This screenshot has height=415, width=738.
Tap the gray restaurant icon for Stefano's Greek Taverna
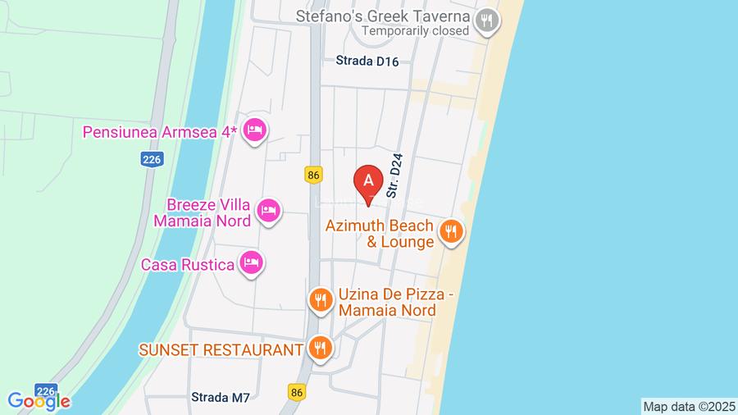(x=487, y=21)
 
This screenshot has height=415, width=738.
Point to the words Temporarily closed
(x=416, y=31)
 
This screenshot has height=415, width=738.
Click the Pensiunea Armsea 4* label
(x=160, y=132)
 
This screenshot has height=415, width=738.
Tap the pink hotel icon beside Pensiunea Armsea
(x=256, y=130)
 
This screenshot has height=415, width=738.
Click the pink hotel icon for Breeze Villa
(x=268, y=212)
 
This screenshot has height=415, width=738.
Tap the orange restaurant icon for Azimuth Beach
(x=450, y=233)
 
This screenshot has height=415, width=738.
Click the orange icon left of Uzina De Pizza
(x=320, y=301)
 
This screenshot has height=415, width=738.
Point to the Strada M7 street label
(x=220, y=398)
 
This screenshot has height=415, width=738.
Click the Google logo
(x=39, y=400)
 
